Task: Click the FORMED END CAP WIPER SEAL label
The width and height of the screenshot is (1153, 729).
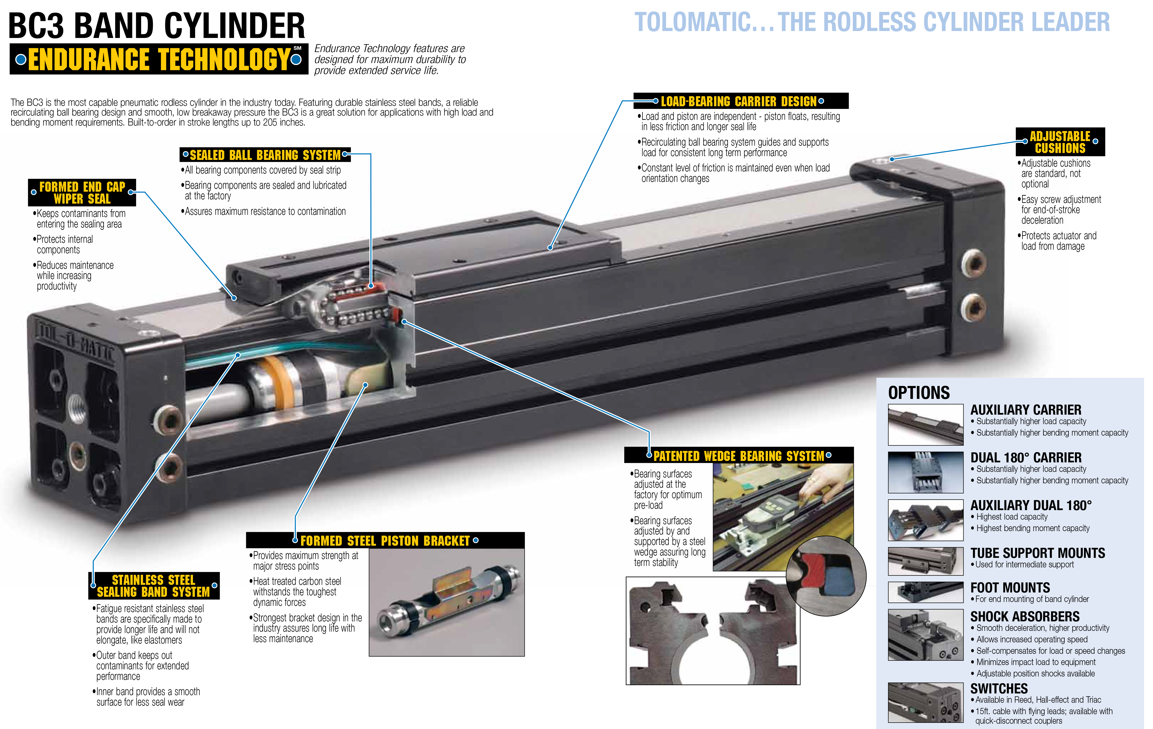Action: pos(82,192)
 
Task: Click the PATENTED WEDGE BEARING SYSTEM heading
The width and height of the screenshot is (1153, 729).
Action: pos(739,456)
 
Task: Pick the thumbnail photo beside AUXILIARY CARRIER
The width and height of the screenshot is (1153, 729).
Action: pos(925,425)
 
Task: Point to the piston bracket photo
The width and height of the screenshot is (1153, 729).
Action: pos(446,602)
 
